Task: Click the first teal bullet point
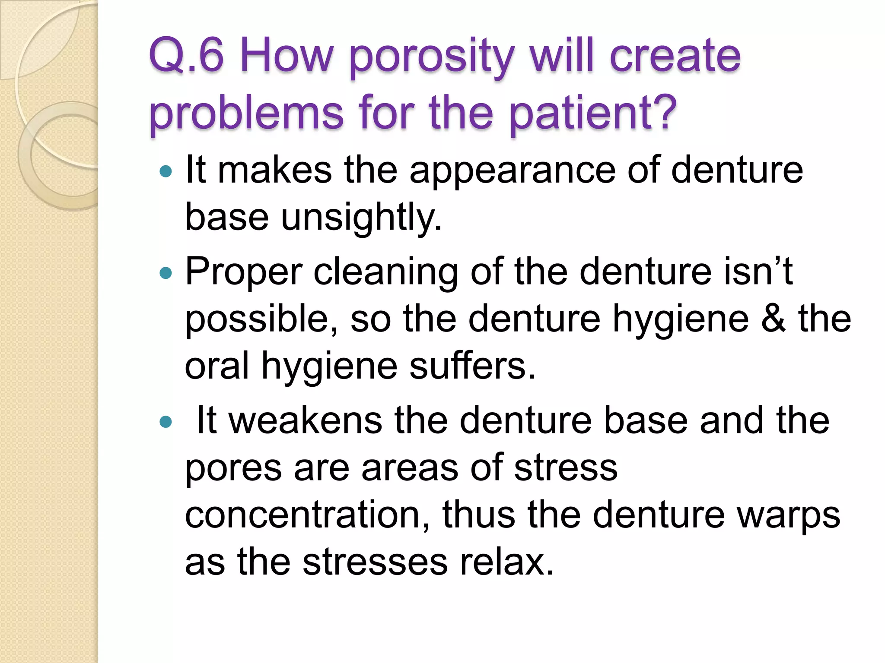166,172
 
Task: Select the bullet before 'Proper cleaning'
166,273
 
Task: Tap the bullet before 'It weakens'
166,422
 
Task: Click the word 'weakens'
305,421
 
